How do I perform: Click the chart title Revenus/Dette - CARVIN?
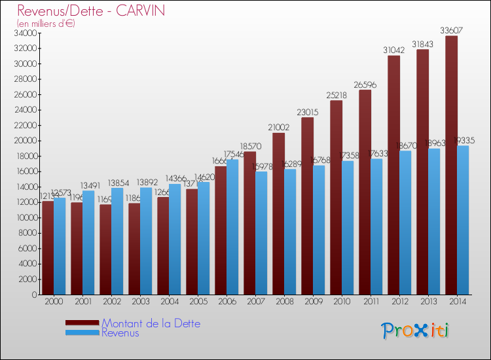click(91, 10)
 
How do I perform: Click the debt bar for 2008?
click(278, 213)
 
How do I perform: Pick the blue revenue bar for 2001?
click(88, 242)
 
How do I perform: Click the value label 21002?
click(278, 127)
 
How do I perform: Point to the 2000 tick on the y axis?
click(27, 279)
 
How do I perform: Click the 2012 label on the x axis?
click(399, 302)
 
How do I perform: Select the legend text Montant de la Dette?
click(151, 323)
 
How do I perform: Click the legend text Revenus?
click(120, 333)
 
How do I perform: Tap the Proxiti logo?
click(416, 330)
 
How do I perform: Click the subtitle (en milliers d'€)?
click(46, 24)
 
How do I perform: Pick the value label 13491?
click(90, 185)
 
